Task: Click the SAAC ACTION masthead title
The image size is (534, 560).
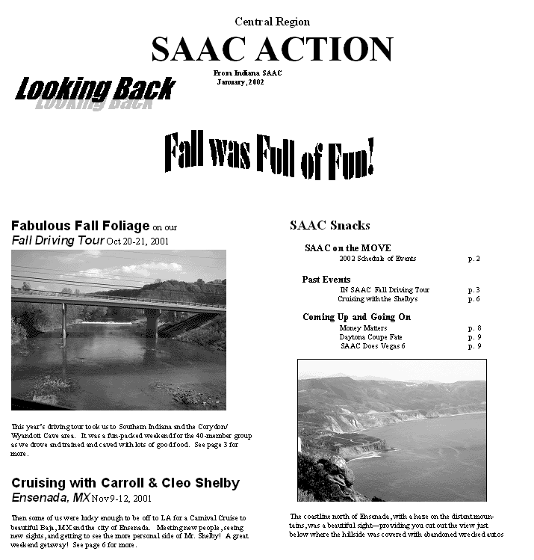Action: pyautogui.click(x=272, y=49)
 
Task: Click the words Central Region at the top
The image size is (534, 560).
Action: pyautogui.click(x=272, y=22)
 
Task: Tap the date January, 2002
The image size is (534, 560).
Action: pyautogui.click(x=240, y=81)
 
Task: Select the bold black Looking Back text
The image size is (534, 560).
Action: pyautogui.click(x=95, y=89)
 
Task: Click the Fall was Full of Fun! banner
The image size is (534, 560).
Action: pyautogui.click(x=268, y=155)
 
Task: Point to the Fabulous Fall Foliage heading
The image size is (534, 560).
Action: pyautogui.click(x=81, y=226)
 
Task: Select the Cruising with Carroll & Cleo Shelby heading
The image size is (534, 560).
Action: pyautogui.click(x=125, y=483)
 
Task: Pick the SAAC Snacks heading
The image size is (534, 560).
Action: pyautogui.click(x=329, y=225)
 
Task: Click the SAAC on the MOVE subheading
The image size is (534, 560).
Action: pyautogui.click(x=347, y=248)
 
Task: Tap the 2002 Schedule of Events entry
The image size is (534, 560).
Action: pyautogui.click(x=377, y=259)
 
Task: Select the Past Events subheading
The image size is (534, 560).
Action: pyautogui.click(x=326, y=279)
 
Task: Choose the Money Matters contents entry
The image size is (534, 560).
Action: pyautogui.click(x=364, y=327)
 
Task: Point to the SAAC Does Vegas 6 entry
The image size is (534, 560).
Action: pyautogui.click(x=373, y=345)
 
